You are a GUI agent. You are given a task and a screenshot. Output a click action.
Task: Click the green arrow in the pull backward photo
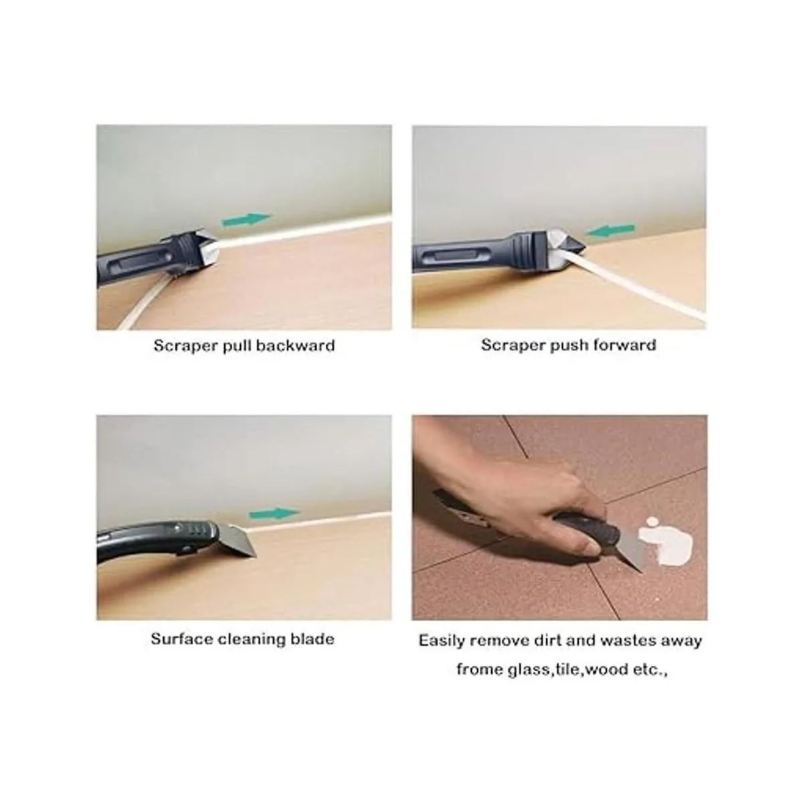pyautogui.click(x=247, y=219)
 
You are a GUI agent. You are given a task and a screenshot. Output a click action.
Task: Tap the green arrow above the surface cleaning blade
pyautogui.click(x=274, y=513)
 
